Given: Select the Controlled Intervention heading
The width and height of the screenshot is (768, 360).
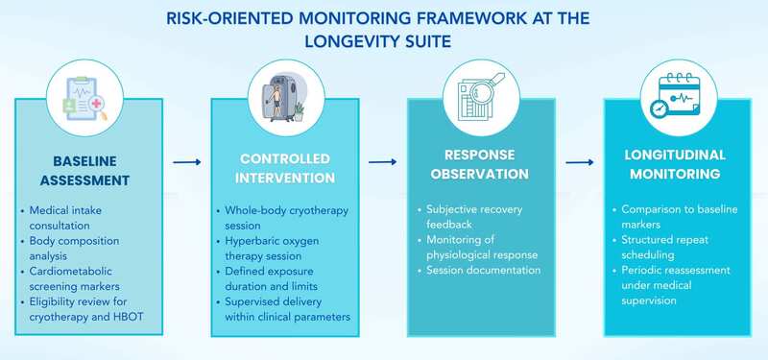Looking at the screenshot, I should (x=284, y=167).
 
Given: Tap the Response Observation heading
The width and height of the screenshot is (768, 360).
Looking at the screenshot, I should (x=480, y=164).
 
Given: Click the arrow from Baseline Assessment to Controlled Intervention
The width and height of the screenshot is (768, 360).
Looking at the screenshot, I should (x=186, y=163).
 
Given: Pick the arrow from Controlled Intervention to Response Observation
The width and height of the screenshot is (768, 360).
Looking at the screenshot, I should (x=382, y=163).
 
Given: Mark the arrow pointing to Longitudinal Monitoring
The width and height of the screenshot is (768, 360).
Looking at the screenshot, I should (x=579, y=163).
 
